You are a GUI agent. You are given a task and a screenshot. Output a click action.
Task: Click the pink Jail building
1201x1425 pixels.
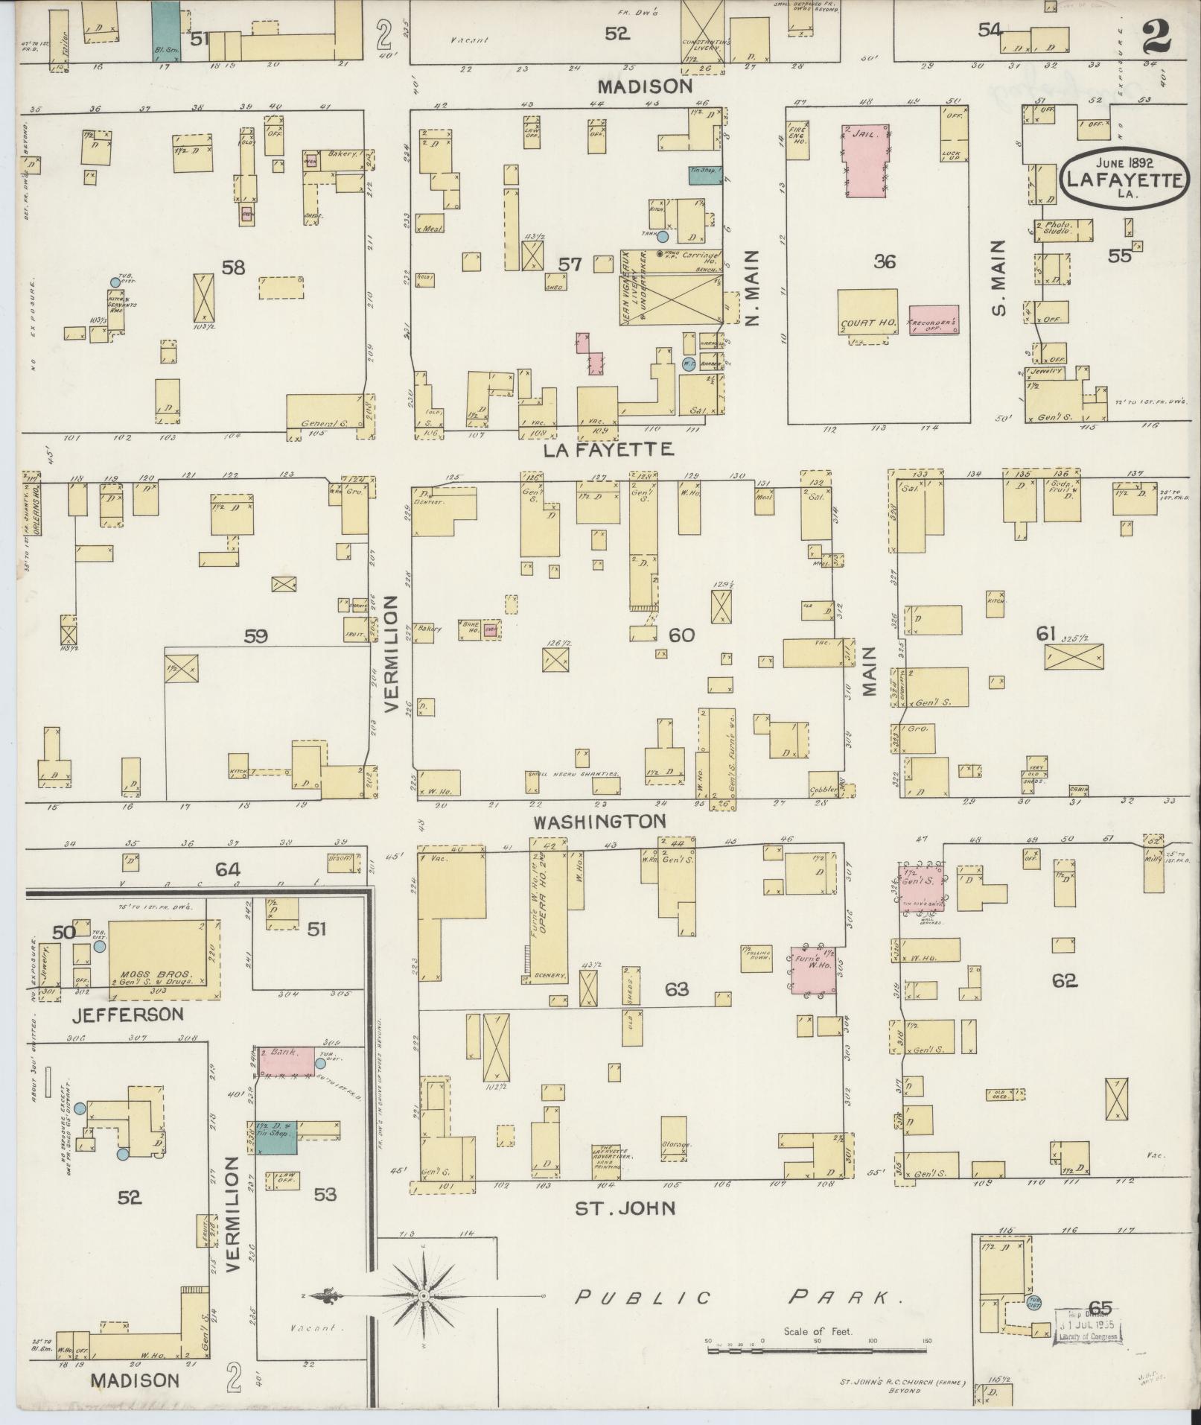(x=867, y=160)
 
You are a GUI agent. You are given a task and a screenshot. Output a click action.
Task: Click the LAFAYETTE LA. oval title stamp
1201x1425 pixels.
(x=1124, y=179)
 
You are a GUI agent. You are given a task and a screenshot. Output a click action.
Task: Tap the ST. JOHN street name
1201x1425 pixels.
(x=625, y=1207)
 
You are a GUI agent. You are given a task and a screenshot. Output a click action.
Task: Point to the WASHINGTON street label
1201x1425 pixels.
(x=599, y=821)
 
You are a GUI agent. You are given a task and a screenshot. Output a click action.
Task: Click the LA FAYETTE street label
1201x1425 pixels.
(x=608, y=450)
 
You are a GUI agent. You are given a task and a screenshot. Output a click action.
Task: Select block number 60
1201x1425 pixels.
(x=681, y=635)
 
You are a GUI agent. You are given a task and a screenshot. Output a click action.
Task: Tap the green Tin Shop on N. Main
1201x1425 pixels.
(x=704, y=174)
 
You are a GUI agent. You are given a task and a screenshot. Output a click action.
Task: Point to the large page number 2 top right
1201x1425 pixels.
(x=1155, y=35)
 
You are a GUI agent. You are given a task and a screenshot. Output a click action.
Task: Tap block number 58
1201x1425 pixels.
(x=234, y=267)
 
